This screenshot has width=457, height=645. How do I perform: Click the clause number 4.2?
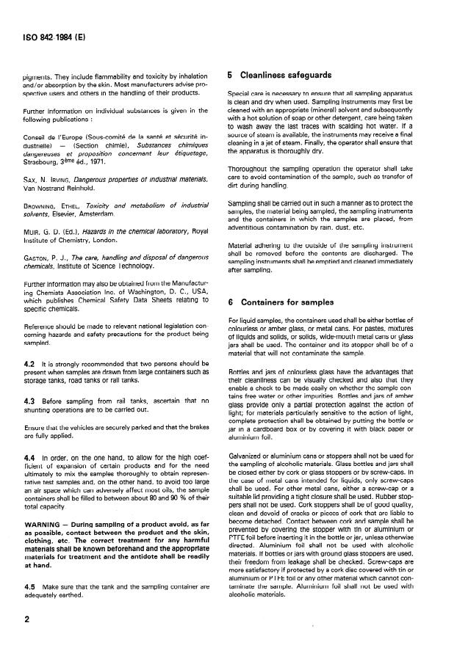[29, 384]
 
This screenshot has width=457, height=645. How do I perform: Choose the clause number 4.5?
[29, 588]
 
